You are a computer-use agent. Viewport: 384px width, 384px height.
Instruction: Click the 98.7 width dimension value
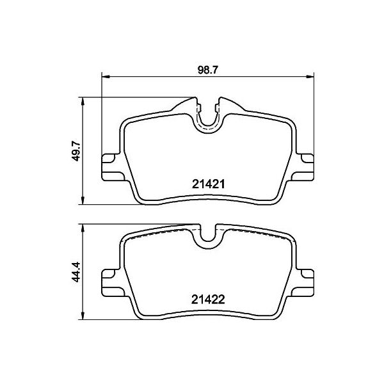coord(207,70)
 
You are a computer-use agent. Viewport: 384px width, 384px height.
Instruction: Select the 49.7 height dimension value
coord(76,150)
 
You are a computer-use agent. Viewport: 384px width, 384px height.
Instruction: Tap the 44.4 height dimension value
coord(76,271)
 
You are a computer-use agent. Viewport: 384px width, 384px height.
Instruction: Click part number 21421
coord(209,184)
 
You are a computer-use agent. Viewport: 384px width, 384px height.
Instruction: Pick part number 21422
coord(208,300)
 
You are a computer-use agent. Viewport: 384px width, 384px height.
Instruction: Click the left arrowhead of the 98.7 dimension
coord(106,77)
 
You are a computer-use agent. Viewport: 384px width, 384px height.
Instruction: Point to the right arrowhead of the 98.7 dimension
coord(310,77)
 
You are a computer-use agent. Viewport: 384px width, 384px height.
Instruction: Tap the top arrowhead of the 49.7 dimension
coord(83,101)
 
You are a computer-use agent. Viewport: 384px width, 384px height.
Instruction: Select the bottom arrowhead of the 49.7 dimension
coord(83,200)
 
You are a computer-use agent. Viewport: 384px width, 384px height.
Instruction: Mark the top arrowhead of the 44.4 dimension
coord(83,228)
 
